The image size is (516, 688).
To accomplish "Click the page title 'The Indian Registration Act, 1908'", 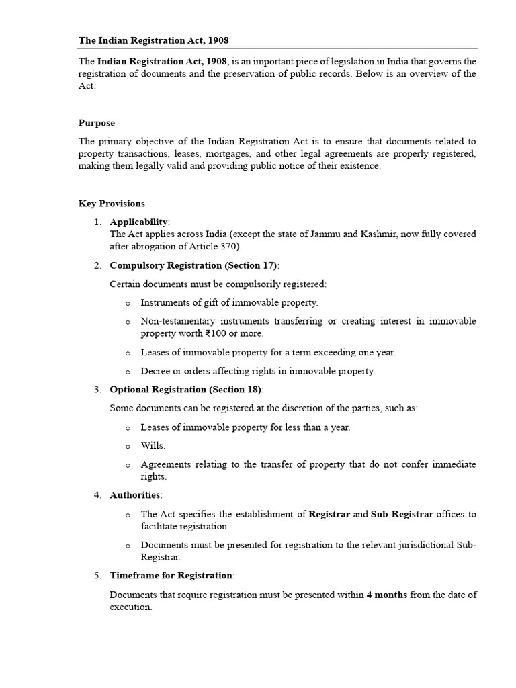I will [x=158, y=40].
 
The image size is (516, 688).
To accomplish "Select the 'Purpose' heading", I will [x=97, y=123].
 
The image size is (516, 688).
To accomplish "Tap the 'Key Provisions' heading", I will [x=112, y=204].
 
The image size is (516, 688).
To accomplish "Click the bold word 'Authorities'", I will [x=135, y=495].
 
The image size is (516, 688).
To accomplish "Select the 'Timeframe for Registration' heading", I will [x=171, y=576].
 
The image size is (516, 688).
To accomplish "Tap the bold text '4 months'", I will [x=386, y=595].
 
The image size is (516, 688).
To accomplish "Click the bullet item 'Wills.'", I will [x=153, y=445].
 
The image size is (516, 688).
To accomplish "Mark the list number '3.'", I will [x=97, y=390].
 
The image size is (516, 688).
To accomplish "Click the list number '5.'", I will [x=97, y=576].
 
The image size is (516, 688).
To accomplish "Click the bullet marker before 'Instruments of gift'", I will [x=127, y=303].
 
